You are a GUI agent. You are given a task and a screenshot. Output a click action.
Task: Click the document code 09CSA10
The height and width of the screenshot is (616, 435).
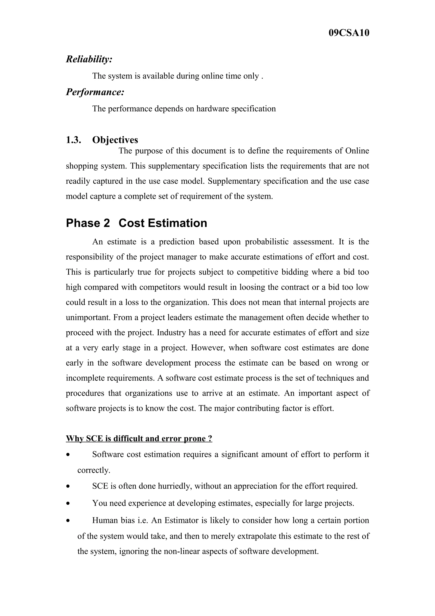tap(349, 33)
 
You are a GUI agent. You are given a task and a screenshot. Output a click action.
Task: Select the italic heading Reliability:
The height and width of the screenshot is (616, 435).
tap(89, 59)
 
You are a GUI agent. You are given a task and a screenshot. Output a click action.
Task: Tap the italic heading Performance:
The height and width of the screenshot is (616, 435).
tap(95, 92)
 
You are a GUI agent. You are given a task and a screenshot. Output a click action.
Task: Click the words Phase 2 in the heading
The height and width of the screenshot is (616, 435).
tap(88, 223)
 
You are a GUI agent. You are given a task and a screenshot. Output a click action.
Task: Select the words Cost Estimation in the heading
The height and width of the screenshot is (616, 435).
tap(163, 223)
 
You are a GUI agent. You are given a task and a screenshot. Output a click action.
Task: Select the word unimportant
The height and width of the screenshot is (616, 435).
tap(88, 317)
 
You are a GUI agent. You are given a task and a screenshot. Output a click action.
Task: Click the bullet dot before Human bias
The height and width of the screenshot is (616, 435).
tap(68, 521)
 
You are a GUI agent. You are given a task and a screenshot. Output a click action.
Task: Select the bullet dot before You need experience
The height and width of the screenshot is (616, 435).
tap(68, 504)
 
